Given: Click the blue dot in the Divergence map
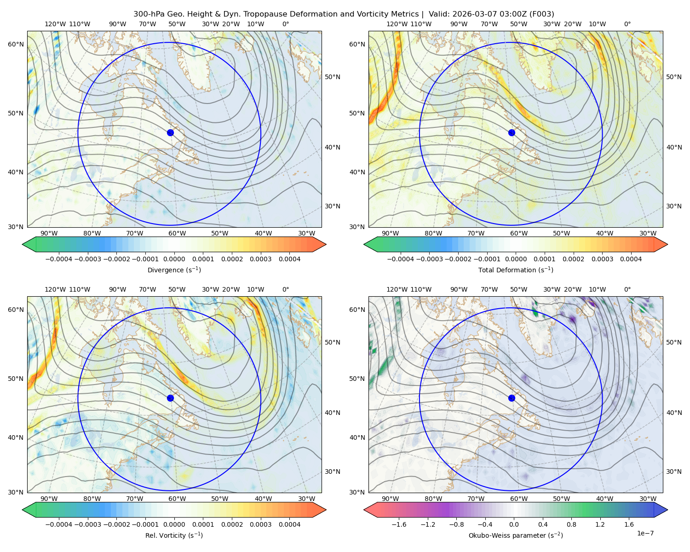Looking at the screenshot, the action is (170, 133).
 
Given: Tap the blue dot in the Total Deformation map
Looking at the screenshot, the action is (512, 133).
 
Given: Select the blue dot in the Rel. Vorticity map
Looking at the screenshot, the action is (170, 398).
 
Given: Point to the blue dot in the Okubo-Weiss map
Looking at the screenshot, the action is (512, 398).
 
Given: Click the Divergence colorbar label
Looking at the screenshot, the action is (174, 270).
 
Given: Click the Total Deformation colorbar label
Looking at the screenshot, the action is (516, 270).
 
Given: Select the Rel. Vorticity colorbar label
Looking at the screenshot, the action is (174, 535).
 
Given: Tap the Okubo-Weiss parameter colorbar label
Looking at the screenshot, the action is (516, 535).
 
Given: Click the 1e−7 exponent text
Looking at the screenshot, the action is (645, 533).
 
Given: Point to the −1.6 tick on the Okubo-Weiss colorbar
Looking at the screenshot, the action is (399, 524).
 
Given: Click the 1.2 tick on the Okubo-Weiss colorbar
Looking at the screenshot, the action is (600, 524).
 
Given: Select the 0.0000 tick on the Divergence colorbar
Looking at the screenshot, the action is (174, 259).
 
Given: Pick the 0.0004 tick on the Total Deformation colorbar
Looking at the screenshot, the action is (631, 259).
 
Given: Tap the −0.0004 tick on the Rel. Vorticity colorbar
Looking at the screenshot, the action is (59, 524).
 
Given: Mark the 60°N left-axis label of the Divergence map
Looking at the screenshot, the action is (16, 44).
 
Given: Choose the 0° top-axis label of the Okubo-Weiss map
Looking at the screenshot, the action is (627, 289).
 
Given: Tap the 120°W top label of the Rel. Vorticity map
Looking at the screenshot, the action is (55, 289).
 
